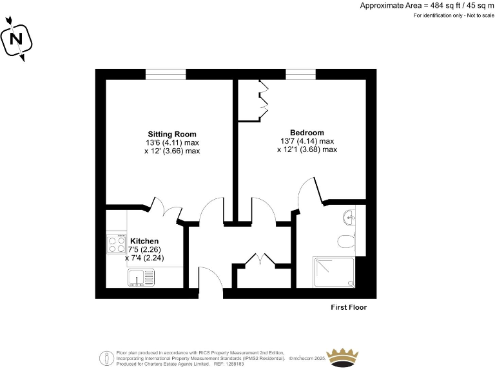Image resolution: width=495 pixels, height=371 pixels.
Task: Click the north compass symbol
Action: [17, 39]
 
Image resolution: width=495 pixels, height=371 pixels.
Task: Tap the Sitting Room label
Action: [171, 134]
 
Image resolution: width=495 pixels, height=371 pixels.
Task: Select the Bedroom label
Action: [307, 133]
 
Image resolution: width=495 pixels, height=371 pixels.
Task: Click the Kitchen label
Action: [144, 241]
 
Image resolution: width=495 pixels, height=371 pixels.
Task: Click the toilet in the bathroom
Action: [346, 242]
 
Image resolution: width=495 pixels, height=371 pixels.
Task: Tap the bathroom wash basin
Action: [349, 218]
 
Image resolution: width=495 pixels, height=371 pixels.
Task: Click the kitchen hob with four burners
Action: [116, 244]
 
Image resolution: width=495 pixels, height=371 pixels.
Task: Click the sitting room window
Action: [166, 74]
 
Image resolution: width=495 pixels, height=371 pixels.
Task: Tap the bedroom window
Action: [300, 74]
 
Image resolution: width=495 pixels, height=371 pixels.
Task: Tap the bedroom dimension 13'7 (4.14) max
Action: [307, 141]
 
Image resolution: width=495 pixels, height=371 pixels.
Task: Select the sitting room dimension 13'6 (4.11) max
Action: [171, 142]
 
